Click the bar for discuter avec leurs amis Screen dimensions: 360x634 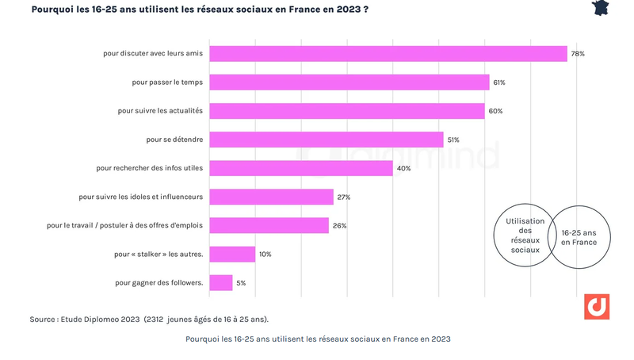point(388,54)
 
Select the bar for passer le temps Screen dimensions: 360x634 point(349,82)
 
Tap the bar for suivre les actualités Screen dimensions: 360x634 point(346,111)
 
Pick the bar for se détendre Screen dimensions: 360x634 point(326,140)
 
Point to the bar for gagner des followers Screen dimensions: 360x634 point(220,283)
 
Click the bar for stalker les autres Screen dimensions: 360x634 point(231,255)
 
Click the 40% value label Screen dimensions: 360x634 point(403,168)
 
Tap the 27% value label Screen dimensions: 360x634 point(343,197)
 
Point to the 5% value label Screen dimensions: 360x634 point(241,283)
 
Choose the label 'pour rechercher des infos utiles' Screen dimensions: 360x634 point(150,168)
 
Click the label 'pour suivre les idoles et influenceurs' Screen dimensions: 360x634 point(141,197)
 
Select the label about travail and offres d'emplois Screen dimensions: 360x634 point(125,226)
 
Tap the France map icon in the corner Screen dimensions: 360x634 point(602,8)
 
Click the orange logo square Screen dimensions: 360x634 point(596,307)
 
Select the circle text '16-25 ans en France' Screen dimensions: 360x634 point(579,237)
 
